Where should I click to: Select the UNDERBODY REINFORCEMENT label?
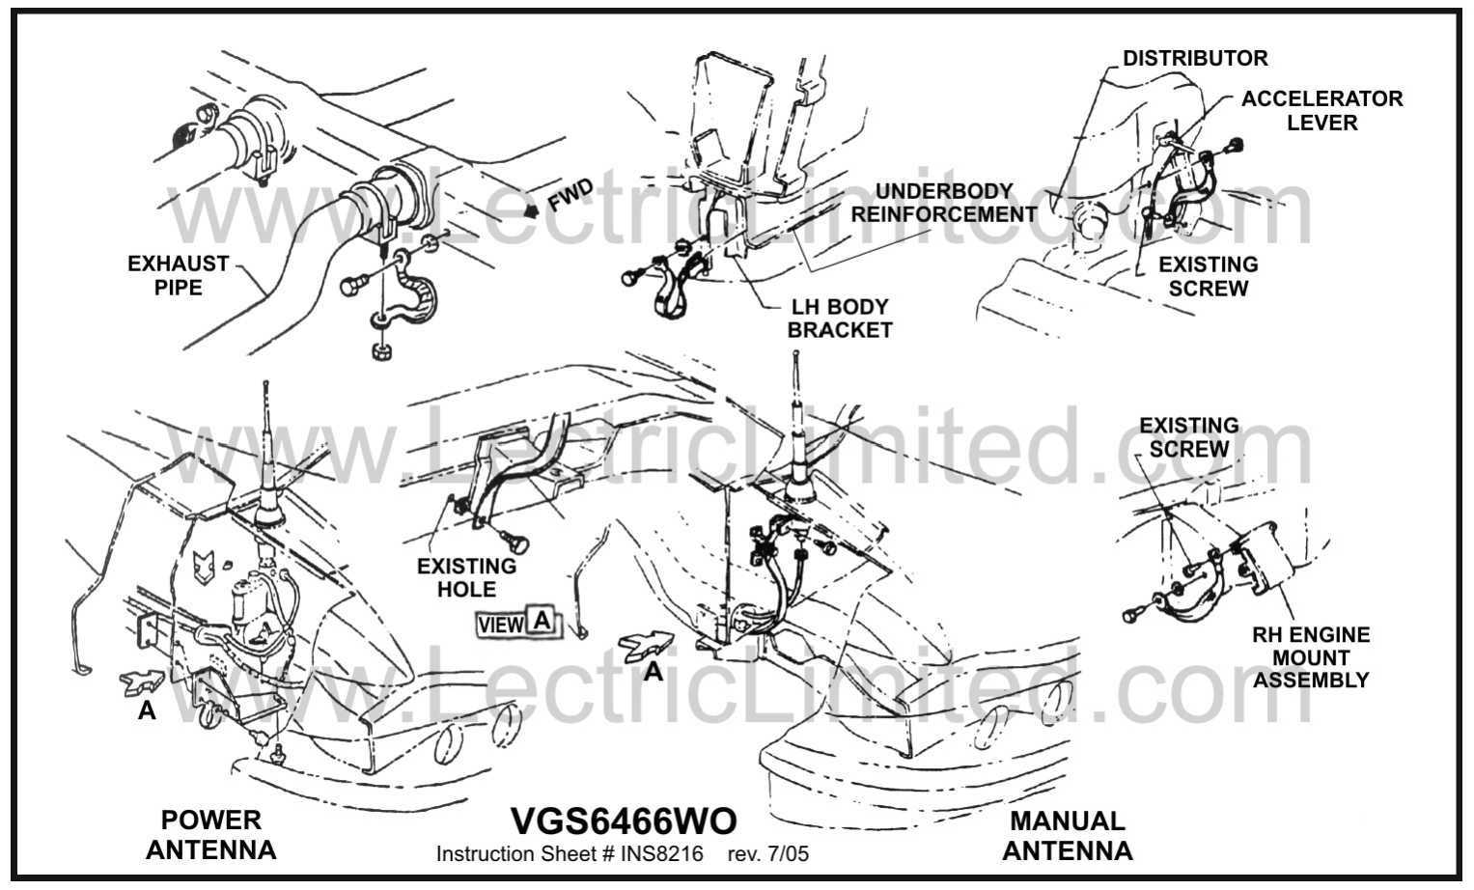[x=943, y=203]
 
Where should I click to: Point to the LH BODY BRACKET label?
[x=839, y=319]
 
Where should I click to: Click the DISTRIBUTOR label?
[x=1195, y=58]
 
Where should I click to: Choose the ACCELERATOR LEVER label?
[x=1321, y=110]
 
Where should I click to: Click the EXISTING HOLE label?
[x=466, y=577]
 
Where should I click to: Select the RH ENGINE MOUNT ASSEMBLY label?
[x=1311, y=657]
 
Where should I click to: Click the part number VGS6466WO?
[x=624, y=821]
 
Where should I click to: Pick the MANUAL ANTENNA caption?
[x=1068, y=836]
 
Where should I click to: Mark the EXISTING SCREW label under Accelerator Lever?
[x=1208, y=276]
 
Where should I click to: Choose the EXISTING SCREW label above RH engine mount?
[x=1188, y=437]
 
